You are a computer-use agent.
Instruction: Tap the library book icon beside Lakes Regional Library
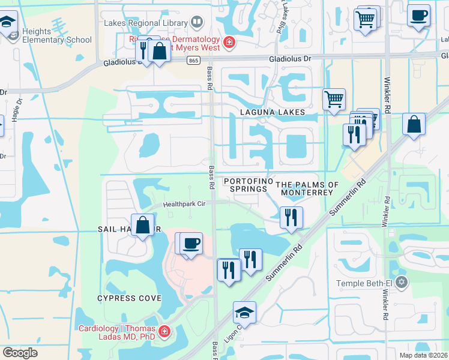click(x=198, y=23)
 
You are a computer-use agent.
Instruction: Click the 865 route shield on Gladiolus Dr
click(x=193, y=60)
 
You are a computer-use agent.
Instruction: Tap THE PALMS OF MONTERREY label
click(x=307, y=188)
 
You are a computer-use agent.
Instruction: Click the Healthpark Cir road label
click(x=185, y=204)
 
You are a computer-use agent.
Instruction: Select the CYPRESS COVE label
click(x=130, y=298)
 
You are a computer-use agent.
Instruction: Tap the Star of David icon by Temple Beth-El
click(x=402, y=281)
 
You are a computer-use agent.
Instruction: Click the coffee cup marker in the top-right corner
click(x=418, y=15)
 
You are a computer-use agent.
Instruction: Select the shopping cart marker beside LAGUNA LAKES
click(x=334, y=99)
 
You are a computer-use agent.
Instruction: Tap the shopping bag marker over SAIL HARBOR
click(x=142, y=226)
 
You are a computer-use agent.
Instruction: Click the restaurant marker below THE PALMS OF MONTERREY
click(x=291, y=218)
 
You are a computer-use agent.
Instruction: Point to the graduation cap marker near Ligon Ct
click(x=244, y=312)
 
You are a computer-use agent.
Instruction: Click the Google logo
click(x=20, y=353)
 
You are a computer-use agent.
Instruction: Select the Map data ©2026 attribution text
click(x=423, y=355)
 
